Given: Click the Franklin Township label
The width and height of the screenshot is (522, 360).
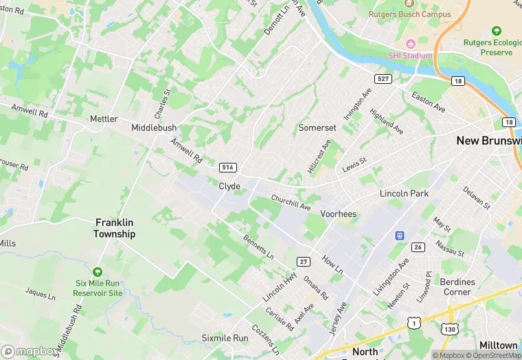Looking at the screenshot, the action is click(x=115, y=228).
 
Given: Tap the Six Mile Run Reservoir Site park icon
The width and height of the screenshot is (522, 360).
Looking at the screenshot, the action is click(x=98, y=273).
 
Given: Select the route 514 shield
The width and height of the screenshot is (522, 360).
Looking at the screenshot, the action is click(x=228, y=168).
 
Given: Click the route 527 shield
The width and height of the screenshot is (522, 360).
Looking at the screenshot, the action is click(x=383, y=79).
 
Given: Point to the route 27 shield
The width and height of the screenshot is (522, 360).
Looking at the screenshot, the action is click(x=304, y=261).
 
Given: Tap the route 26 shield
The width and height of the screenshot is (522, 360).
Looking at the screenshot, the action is click(x=418, y=247).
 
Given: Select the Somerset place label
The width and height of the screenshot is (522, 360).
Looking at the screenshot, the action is click(x=317, y=128).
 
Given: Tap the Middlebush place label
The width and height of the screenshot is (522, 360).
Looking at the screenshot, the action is click(x=154, y=128).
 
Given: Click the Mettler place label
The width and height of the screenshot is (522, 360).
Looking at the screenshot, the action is click(x=104, y=119).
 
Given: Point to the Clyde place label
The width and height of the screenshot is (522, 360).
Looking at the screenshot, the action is click(x=229, y=186).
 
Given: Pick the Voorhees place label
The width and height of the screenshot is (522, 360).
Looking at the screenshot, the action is click(x=338, y=214).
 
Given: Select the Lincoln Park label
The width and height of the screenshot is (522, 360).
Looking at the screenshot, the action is click(x=405, y=194).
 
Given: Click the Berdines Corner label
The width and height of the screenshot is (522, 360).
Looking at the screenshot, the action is click(x=458, y=287).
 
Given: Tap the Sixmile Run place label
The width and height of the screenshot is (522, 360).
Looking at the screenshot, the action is click(x=225, y=338).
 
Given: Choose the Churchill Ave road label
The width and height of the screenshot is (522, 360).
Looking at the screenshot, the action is click(x=291, y=203).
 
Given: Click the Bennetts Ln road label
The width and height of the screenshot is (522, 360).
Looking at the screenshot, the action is click(x=259, y=247).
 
